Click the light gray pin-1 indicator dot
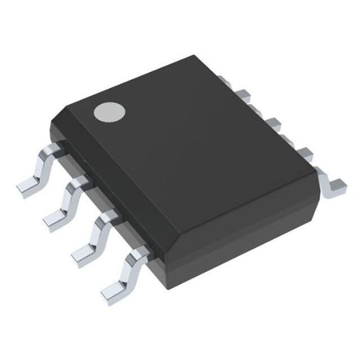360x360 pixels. tap(108, 113)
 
